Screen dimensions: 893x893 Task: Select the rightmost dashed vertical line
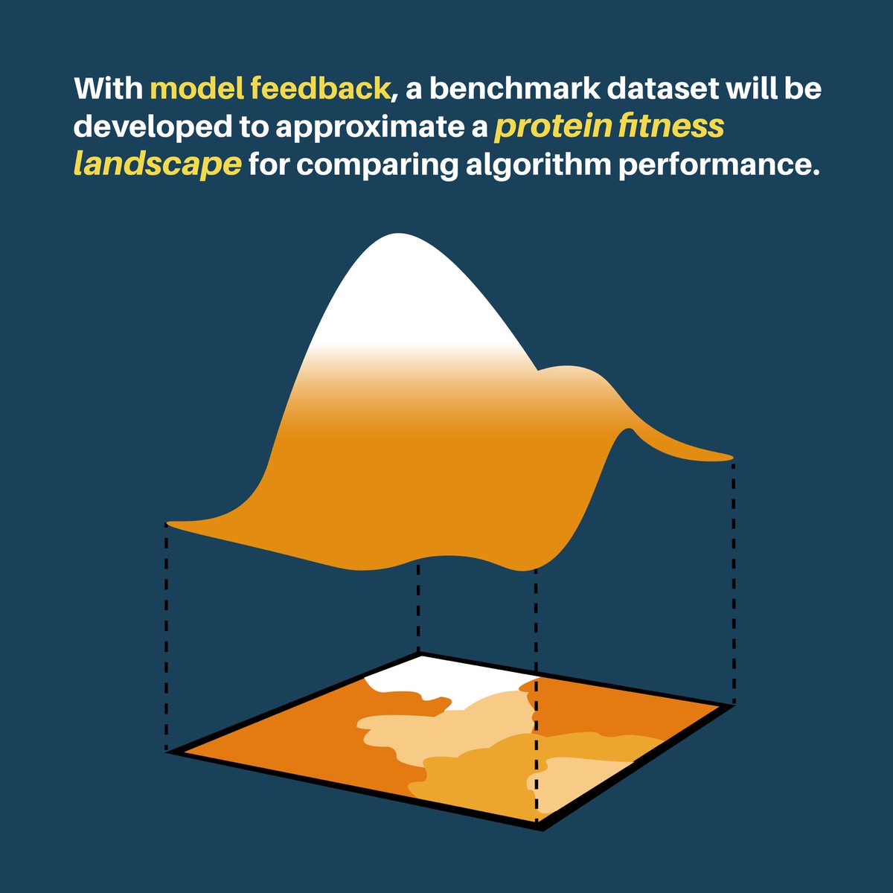(x=735, y=580)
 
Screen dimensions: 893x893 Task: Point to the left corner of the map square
(x=173, y=752)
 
